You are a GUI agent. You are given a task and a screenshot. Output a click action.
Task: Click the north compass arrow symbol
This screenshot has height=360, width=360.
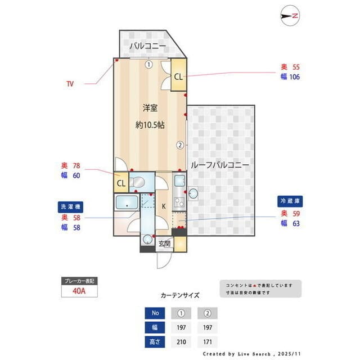(290, 16)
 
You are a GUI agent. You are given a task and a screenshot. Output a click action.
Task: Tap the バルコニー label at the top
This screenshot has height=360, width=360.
(147, 46)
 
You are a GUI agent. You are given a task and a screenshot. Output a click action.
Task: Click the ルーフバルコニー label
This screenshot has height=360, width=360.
(220, 165)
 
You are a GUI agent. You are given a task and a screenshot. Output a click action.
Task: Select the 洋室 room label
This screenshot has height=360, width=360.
(149, 107)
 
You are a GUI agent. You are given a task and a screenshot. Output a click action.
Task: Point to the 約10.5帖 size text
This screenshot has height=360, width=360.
(150, 125)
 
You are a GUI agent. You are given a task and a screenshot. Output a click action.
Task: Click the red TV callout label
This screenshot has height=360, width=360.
(70, 84)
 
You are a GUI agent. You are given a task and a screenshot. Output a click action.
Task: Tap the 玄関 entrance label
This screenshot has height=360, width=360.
(164, 243)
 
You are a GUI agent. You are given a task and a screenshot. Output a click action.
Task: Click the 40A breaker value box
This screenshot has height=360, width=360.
(79, 291)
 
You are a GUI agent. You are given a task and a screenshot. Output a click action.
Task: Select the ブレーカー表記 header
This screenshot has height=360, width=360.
(79, 280)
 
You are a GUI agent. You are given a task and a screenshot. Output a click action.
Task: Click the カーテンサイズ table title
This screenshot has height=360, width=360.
(179, 295)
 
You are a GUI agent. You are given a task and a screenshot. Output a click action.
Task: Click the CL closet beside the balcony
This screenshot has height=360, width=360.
(178, 77)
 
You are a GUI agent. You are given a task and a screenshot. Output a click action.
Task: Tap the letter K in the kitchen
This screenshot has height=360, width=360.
(164, 206)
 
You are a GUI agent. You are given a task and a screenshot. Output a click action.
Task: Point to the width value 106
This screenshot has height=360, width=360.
(294, 77)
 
